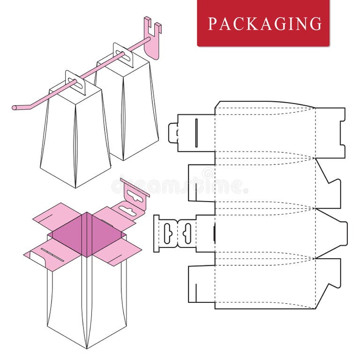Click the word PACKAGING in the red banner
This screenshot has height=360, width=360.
pyautogui.click(x=265, y=23)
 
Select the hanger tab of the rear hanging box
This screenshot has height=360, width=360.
pyautogui.click(x=123, y=54)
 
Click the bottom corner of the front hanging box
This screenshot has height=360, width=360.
pyautogui.click(x=75, y=187)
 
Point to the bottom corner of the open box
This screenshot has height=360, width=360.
pyautogui.click(x=87, y=347)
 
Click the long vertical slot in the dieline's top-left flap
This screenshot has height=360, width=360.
pyautogui.click(x=196, y=127)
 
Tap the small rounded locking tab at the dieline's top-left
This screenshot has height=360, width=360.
pyautogui.click(x=173, y=133)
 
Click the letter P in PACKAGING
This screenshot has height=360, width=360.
pyautogui.click(x=212, y=23)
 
